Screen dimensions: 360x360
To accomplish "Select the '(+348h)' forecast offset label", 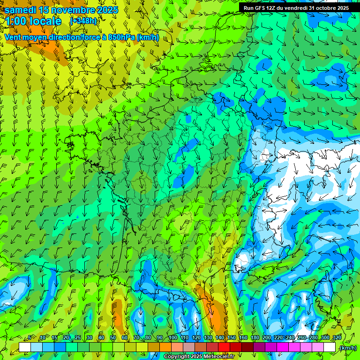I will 83,21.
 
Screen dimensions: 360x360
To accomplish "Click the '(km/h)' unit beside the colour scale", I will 347,348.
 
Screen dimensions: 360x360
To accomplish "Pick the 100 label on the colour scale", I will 172,338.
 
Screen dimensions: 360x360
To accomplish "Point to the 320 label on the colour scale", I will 337,338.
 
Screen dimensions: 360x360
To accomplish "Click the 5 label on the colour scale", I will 30,338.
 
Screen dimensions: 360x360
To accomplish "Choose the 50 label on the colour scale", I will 113,338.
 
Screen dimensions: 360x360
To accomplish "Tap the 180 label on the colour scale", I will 255,338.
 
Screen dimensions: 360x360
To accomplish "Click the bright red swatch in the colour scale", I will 224,347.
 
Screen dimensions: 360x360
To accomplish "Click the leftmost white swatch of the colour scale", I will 25,347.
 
